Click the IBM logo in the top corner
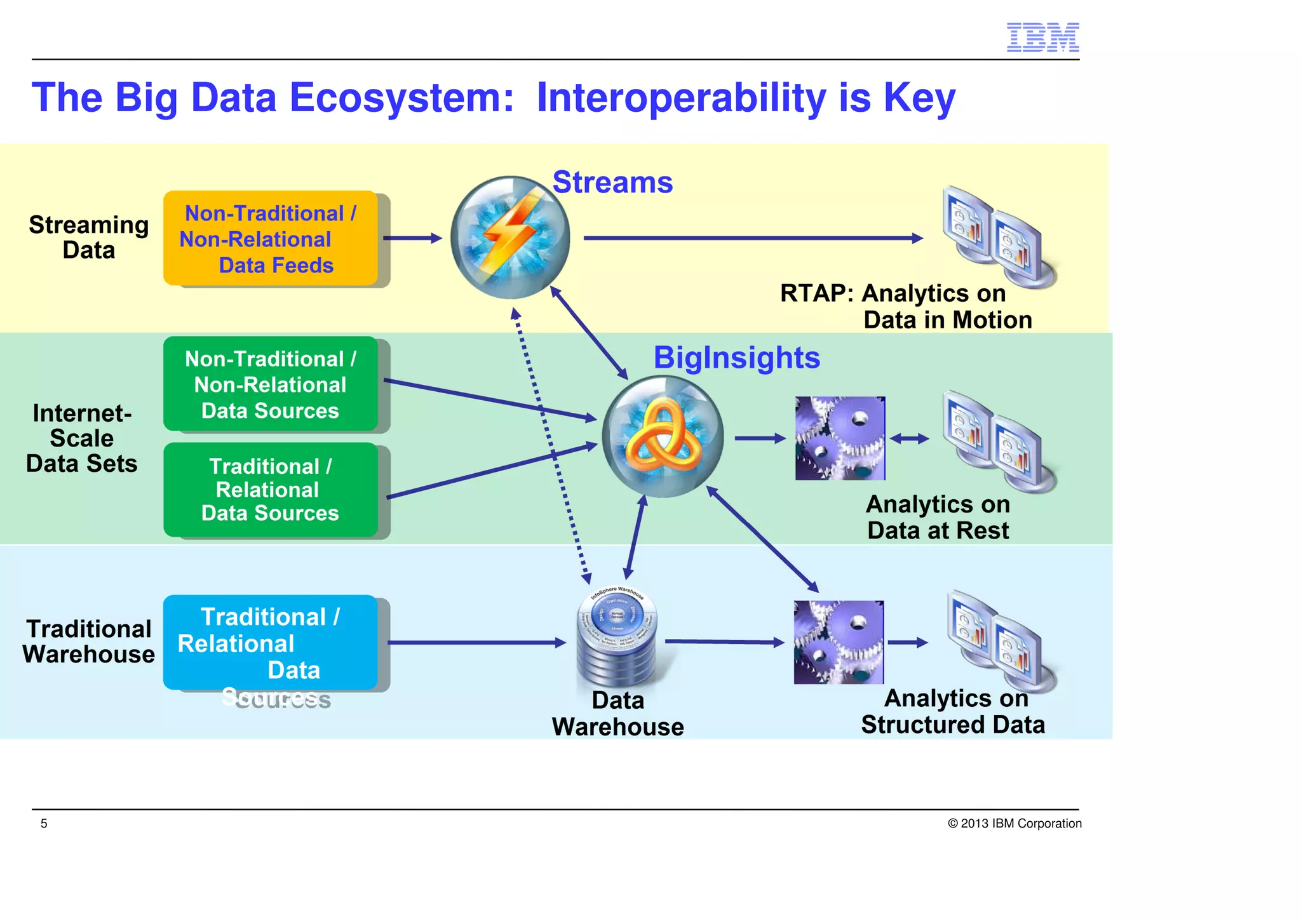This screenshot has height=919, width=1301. click(1042, 37)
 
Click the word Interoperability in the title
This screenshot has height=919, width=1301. click(681, 98)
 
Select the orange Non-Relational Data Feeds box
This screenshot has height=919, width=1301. click(271, 238)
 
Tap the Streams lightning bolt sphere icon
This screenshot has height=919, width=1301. click(510, 238)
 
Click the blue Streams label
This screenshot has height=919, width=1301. click(612, 183)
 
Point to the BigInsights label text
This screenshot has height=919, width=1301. click(737, 358)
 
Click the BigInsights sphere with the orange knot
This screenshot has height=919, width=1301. click(663, 436)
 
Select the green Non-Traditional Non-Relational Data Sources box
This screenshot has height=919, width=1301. click(271, 384)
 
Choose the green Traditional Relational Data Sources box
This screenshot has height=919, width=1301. click(271, 490)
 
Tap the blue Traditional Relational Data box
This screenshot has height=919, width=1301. click(271, 642)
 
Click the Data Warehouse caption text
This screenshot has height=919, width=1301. click(617, 713)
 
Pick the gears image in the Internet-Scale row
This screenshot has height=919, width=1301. click(840, 438)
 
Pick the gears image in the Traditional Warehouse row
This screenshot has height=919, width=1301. click(839, 642)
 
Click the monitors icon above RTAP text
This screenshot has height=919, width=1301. click(997, 236)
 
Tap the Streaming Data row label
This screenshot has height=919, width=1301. click(89, 238)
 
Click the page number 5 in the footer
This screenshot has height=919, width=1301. click(44, 824)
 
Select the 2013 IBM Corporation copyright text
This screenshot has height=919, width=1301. click(1015, 824)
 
